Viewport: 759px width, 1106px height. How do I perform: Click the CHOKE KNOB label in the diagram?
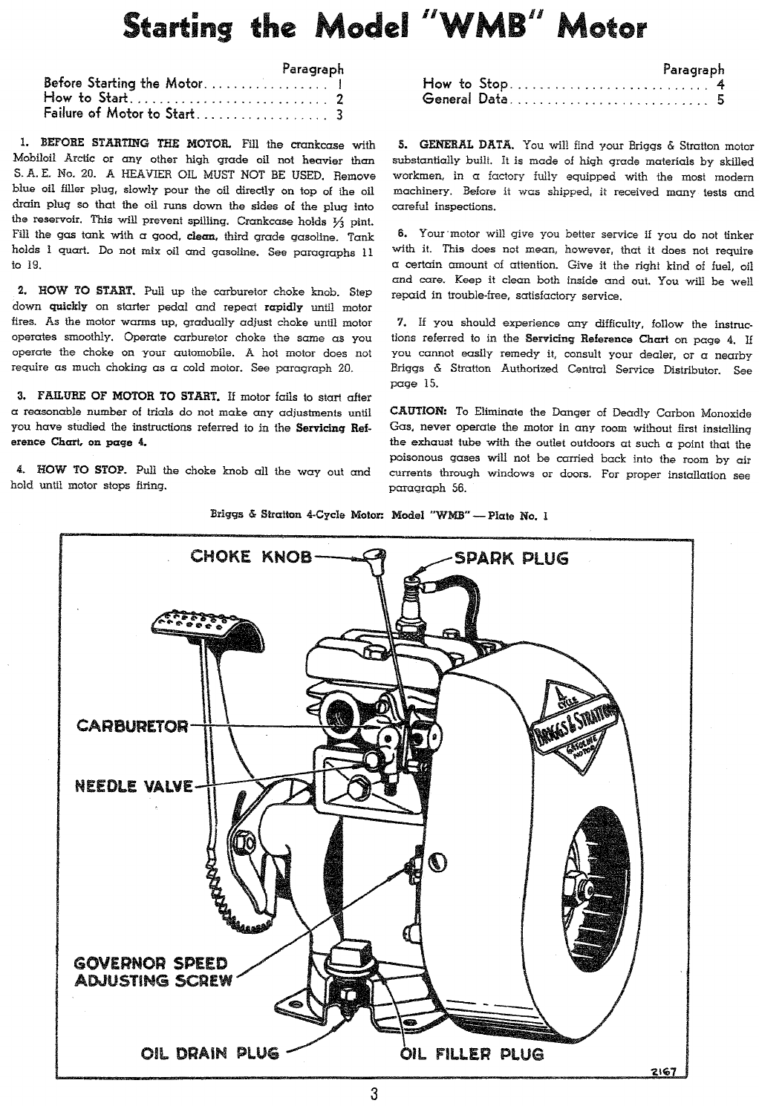pos(251,556)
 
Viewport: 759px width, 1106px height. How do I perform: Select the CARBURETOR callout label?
pos(133,725)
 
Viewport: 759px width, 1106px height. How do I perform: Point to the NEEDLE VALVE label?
pos(134,786)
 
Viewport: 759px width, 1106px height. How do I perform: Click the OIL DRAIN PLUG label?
pos(210,1053)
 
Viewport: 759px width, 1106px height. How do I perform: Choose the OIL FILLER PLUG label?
pos(472,1053)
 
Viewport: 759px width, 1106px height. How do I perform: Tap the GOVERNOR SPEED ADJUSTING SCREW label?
pos(154,972)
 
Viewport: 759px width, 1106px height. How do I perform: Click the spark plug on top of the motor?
pos(411,601)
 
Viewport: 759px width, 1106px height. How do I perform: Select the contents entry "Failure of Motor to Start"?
pos(119,114)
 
